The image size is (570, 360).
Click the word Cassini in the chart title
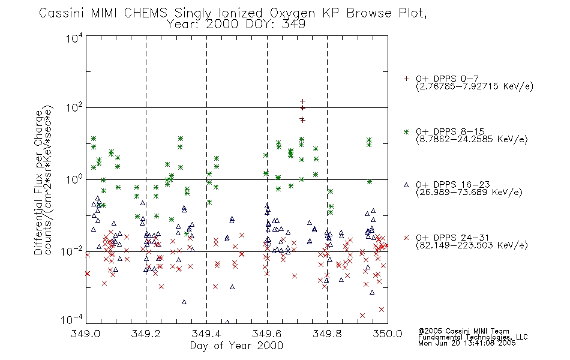(62, 13)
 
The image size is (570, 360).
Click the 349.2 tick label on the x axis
(146, 334)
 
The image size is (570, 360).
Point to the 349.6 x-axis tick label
(267, 334)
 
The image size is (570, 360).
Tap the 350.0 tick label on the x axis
(388, 334)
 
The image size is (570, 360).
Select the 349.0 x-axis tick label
(86, 334)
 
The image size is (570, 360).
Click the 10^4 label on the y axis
(74, 38)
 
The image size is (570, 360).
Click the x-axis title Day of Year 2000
(236, 346)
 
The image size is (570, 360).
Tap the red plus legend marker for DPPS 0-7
(406, 79)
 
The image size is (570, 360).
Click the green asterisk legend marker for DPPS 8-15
(406, 131)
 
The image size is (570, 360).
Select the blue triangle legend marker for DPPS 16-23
(406, 185)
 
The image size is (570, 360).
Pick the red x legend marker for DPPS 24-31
(406, 238)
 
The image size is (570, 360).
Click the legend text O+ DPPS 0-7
(448, 79)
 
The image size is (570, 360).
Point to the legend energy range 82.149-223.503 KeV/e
(472, 245)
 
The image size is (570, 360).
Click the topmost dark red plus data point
(302, 101)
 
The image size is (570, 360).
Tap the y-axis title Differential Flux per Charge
(38, 182)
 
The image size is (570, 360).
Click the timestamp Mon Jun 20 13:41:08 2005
(467, 343)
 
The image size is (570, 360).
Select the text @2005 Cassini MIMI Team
(464, 331)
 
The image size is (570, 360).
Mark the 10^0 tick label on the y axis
(74, 179)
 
